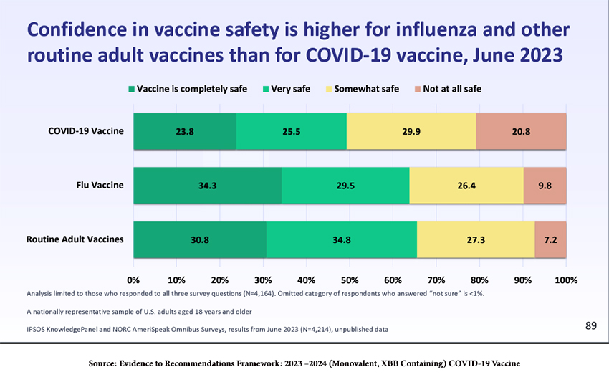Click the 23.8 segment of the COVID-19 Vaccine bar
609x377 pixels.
185,131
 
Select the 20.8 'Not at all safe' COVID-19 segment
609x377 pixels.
521,131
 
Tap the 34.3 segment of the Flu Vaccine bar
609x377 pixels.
208,186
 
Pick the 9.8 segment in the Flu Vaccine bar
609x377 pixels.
545,186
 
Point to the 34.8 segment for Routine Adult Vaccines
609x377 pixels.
342,239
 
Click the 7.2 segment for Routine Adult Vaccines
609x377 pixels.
551,239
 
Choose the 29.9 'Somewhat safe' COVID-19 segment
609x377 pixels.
411,131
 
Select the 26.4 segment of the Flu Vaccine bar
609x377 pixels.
466,186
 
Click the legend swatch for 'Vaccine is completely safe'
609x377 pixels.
131,89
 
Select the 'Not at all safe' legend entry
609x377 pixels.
448,89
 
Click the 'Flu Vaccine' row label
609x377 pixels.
100,185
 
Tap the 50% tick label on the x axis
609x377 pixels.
350,279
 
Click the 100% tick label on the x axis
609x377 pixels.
566,279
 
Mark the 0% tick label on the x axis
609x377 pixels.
133,279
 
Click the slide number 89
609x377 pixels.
591,326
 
